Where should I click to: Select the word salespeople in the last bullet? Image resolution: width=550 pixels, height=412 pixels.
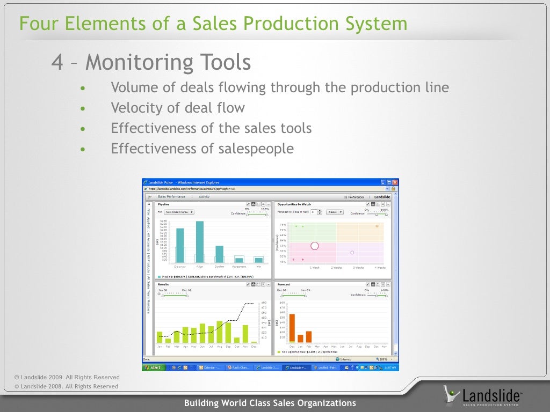point(256,149)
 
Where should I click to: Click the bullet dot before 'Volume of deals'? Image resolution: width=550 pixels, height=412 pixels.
point(82,89)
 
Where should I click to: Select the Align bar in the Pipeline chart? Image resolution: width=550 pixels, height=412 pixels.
point(200,241)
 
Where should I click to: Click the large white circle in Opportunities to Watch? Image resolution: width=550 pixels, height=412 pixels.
point(315,246)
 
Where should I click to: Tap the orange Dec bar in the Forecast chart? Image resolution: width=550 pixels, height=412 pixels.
point(292,328)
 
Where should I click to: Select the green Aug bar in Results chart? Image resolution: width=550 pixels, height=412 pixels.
point(220,332)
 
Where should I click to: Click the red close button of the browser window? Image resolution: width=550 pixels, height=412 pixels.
point(395,182)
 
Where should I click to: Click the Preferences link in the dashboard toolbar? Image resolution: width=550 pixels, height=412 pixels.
point(356,197)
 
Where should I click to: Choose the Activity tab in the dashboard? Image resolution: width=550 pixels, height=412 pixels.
point(204,197)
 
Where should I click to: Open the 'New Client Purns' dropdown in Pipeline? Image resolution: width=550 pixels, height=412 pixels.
point(179,212)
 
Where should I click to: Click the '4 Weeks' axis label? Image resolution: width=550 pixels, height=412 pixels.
point(380,267)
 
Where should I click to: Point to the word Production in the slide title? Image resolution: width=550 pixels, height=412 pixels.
point(293,24)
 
